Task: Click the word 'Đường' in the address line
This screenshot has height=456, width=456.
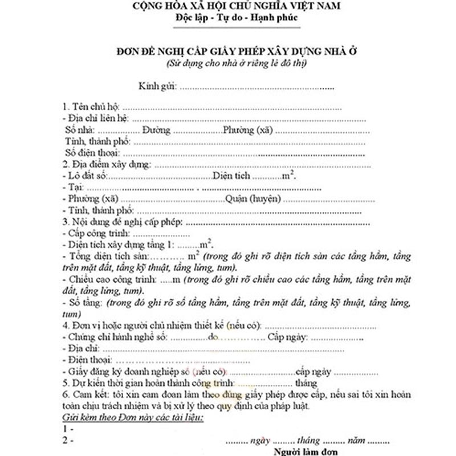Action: point(156,131)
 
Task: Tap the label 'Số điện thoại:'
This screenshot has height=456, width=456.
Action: point(91,153)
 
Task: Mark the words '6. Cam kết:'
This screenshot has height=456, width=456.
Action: point(84,394)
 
